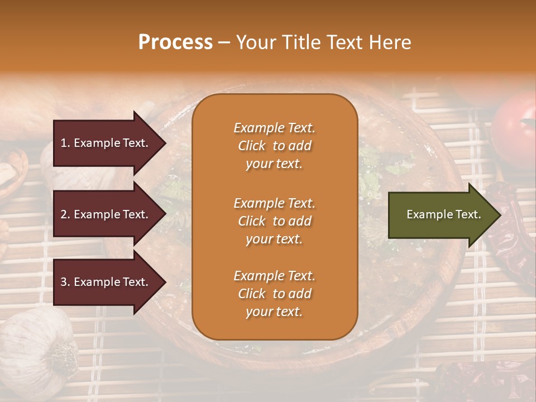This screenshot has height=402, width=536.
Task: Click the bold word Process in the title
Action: click(x=175, y=42)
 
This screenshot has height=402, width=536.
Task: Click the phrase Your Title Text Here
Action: click(x=323, y=42)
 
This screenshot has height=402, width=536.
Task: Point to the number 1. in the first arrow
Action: click(x=65, y=143)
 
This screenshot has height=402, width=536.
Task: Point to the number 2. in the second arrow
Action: click(x=65, y=214)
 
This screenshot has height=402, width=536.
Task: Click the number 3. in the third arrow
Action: click(x=65, y=282)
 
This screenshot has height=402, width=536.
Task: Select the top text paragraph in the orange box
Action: click(x=274, y=146)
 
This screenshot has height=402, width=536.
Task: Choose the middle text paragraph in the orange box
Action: click(x=274, y=221)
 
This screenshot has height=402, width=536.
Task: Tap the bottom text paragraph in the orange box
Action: click(x=274, y=294)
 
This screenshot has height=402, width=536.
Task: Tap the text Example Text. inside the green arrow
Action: click(x=444, y=214)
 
